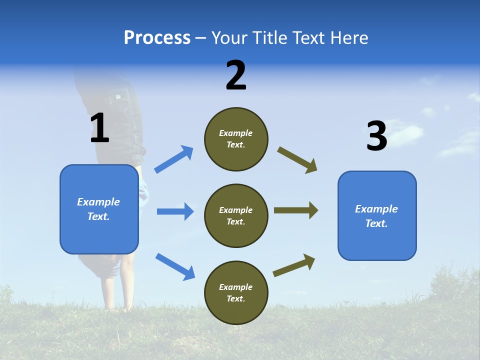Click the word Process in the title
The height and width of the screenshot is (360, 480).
pyautogui.click(x=157, y=38)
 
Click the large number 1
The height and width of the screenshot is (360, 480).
pyautogui.click(x=99, y=128)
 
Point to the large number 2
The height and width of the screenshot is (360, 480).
pyautogui.click(x=236, y=75)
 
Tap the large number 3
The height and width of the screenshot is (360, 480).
pyautogui.click(x=377, y=136)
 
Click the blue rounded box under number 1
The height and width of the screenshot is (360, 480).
pyautogui.click(x=99, y=209)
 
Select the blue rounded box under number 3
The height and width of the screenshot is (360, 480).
pyautogui.click(x=377, y=215)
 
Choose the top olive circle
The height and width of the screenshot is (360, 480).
pyautogui.click(x=236, y=138)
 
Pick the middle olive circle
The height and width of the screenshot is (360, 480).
pyautogui.click(x=236, y=215)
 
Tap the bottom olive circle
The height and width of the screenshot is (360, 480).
pyautogui.click(x=236, y=292)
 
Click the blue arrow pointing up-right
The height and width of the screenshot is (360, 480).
pyautogui.click(x=173, y=159)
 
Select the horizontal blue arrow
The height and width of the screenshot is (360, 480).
pyautogui.click(x=175, y=211)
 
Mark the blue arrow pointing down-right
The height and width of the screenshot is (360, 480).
pyautogui.click(x=175, y=266)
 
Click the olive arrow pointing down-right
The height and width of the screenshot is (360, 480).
pyautogui.click(x=297, y=160)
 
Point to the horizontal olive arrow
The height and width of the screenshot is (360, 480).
pyautogui.click(x=296, y=210)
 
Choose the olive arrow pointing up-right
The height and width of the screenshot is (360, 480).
pyautogui.click(x=294, y=265)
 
